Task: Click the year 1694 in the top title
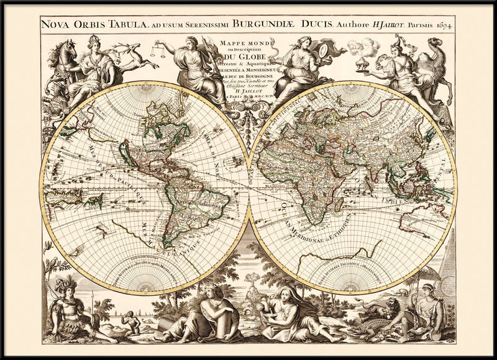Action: click(x=444, y=25)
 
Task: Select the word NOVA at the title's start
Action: click(x=54, y=25)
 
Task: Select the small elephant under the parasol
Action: click(x=404, y=291)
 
